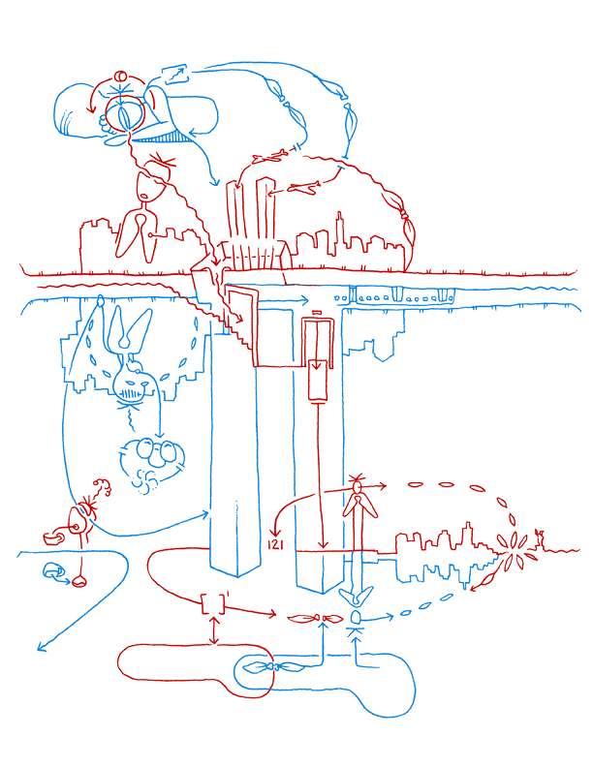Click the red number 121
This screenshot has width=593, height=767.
pos(275,544)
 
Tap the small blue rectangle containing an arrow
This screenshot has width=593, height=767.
pos(175,75)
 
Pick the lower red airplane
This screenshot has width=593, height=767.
pos(303,186)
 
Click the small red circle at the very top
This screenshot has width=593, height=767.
pos(120,77)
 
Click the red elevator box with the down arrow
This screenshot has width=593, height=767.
pos(318,380)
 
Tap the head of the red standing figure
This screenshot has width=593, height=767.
pos(358,488)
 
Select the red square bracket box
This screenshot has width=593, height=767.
pos(213,603)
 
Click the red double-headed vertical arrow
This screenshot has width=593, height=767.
pos(213,630)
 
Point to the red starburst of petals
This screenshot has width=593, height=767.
pos(513,553)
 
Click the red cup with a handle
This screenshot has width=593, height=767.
pos(53,537)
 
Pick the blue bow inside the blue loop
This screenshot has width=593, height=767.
pos(273,666)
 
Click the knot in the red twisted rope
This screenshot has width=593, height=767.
pos(403,214)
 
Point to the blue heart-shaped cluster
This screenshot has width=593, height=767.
pos(153,462)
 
